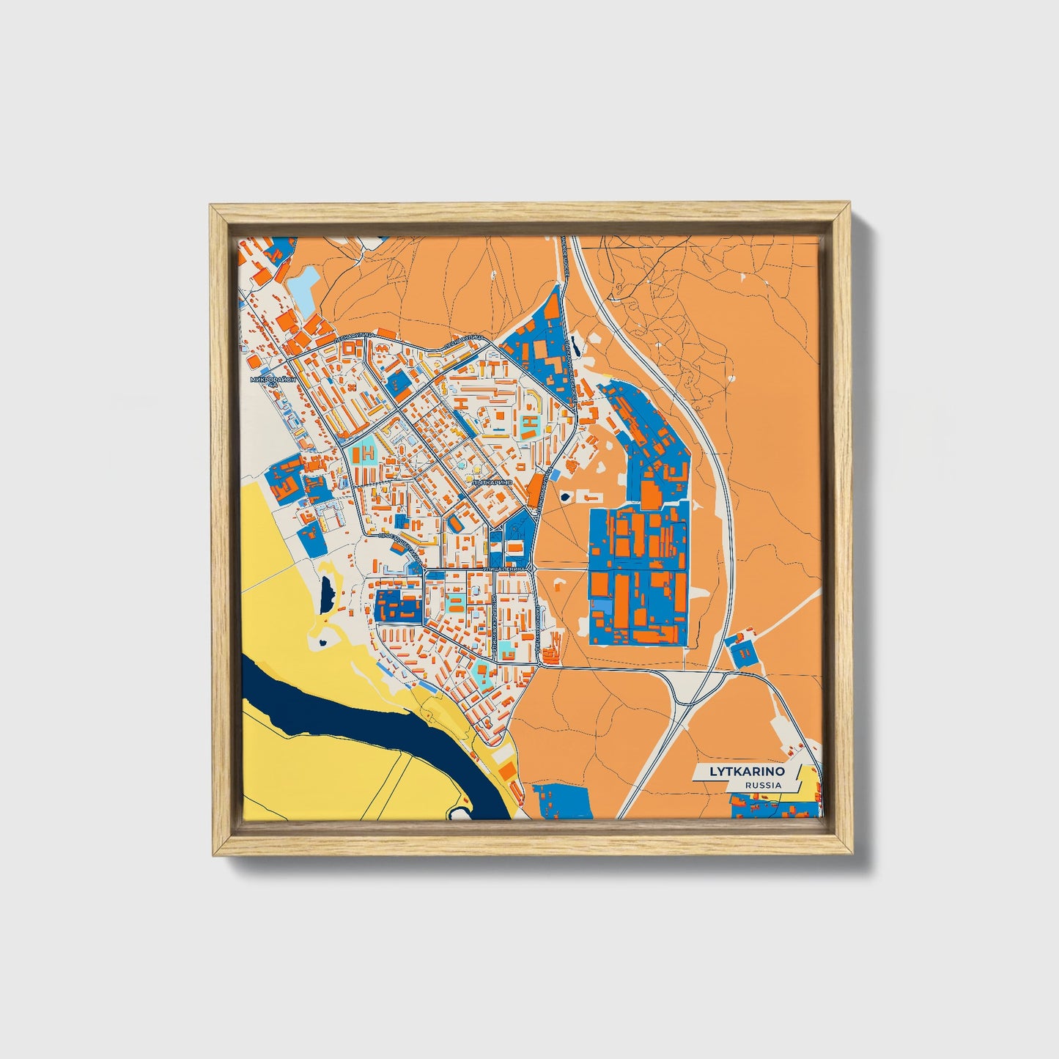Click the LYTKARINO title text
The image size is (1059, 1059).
click(x=745, y=772)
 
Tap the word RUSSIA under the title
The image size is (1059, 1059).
click(x=762, y=785)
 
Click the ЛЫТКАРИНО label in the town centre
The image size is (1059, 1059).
click(x=492, y=483)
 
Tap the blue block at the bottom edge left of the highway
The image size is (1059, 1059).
click(x=561, y=800)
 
